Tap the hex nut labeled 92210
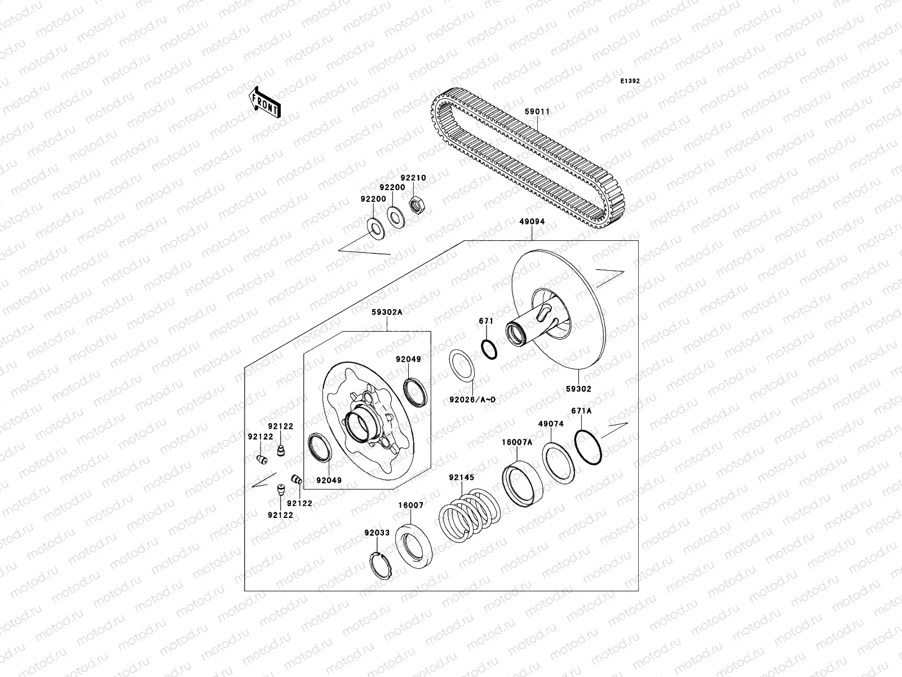(x=417, y=206)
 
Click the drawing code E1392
(x=630, y=81)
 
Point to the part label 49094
(x=532, y=222)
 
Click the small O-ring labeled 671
(x=489, y=349)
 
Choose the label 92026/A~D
(x=472, y=400)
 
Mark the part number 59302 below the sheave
(x=579, y=389)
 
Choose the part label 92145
(x=462, y=477)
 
